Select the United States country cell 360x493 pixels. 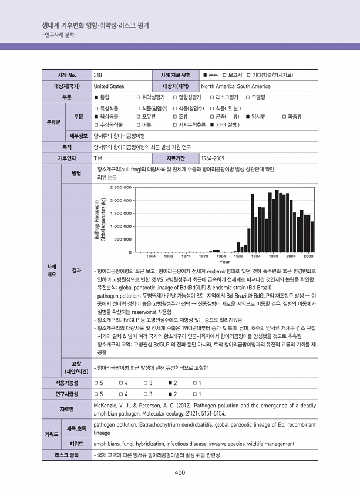point(109,86)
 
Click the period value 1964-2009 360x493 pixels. point(212,158)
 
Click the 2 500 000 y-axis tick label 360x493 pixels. point(120,188)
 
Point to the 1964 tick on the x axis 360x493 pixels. point(150,256)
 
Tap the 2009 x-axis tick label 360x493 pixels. point(308,256)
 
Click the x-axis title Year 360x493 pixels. point(224,262)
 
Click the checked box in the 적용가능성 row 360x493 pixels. point(169,383)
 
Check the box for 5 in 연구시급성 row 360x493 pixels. point(96,393)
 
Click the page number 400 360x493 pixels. point(180,474)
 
